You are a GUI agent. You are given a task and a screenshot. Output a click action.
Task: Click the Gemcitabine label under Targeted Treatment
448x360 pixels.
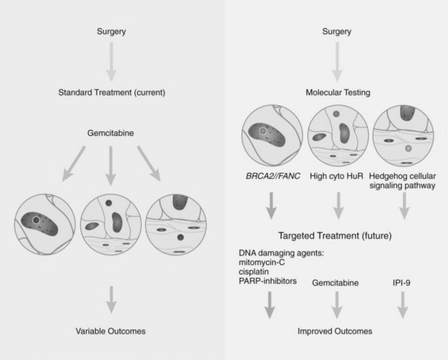pyautogui.click(x=336, y=283)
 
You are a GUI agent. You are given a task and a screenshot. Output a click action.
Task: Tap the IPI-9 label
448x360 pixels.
pyautogui.click(x=402, y=283)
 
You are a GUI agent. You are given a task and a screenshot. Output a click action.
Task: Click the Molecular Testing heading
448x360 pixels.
pyautogui.click(x=336, y=92)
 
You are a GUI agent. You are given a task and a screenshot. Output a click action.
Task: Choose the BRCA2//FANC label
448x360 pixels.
pyautogui.click(x=271, y=177)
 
